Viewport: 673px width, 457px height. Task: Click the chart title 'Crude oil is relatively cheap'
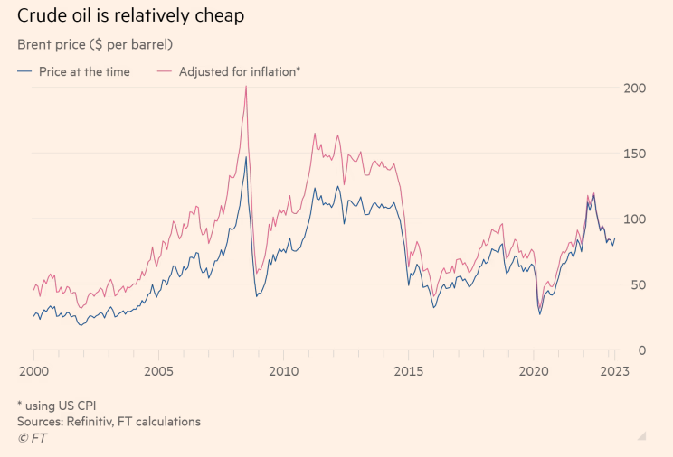[x=130, y=15]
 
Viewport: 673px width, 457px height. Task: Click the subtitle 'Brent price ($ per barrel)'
[x=95, y=43]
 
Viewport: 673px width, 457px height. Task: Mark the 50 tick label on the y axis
[x=635, y=285]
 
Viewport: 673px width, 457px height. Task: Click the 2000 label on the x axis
[x=33, y=370]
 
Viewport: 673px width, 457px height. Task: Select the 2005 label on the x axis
[x=158, y=370]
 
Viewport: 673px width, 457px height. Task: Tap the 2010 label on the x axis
[x=283, y=370]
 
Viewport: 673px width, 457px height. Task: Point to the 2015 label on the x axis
[x=408, y=370]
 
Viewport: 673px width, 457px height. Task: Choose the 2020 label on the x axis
[x=533, y=370]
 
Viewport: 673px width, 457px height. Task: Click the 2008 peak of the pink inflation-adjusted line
[x=246, y=87]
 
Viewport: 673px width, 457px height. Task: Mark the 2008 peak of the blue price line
[x=246, y=157]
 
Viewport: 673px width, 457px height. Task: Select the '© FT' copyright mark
[x=32, y=438]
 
